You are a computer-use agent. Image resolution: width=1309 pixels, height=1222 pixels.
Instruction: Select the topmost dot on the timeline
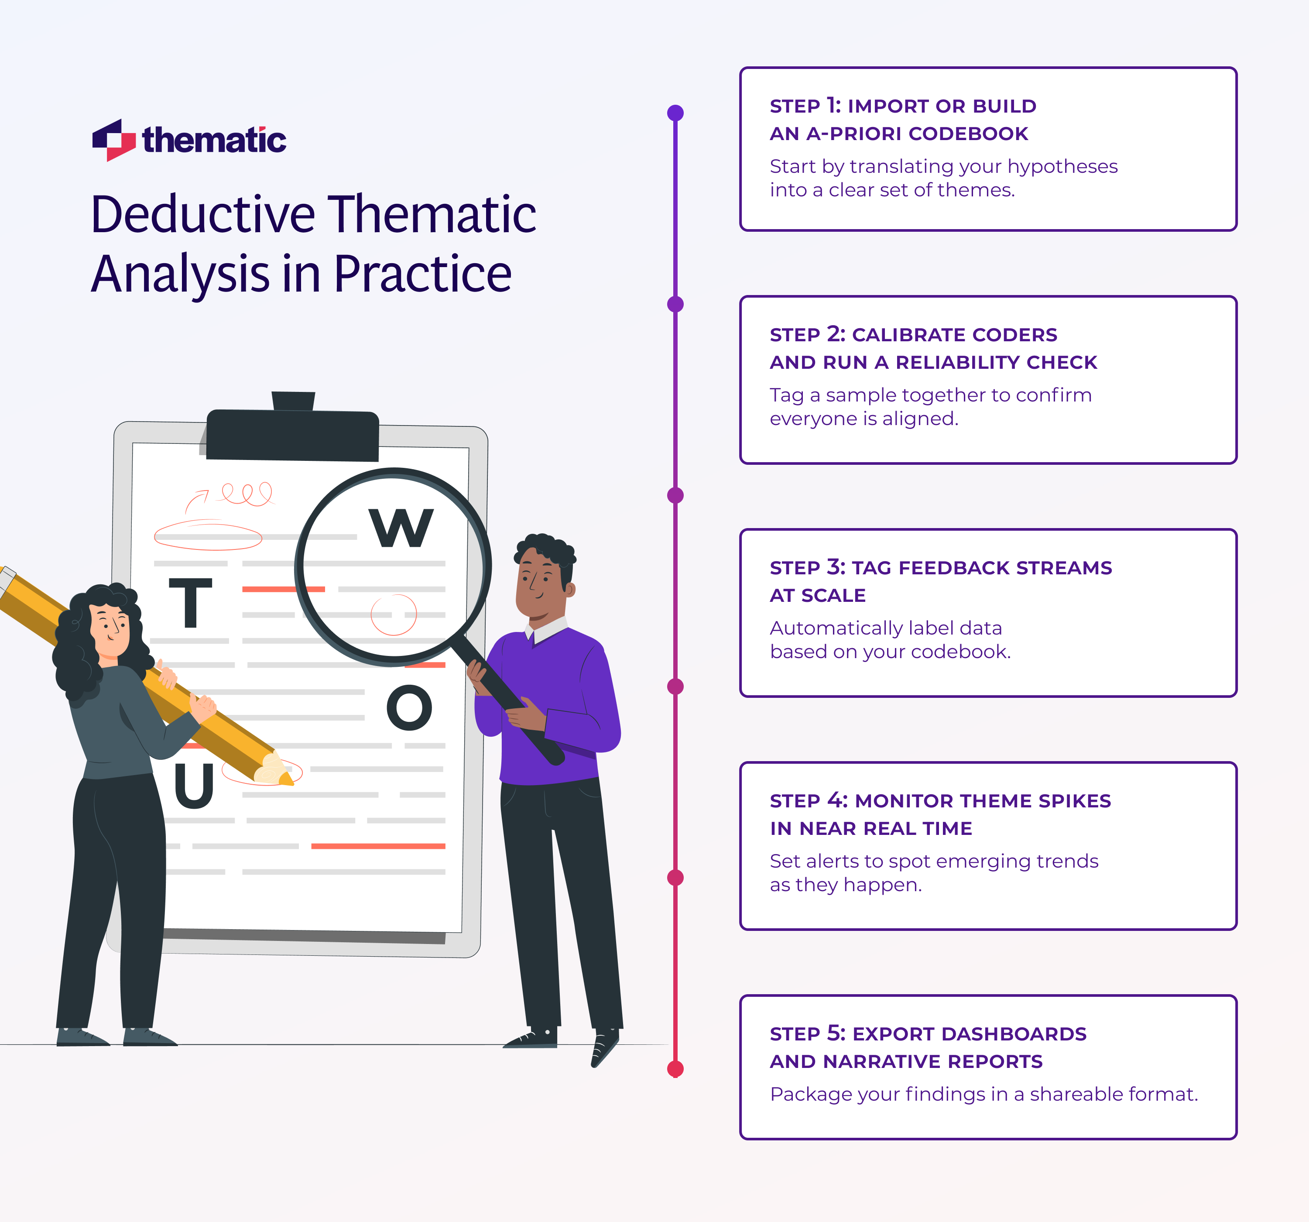675,113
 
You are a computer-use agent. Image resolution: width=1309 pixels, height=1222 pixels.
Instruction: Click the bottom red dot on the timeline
675,1068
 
